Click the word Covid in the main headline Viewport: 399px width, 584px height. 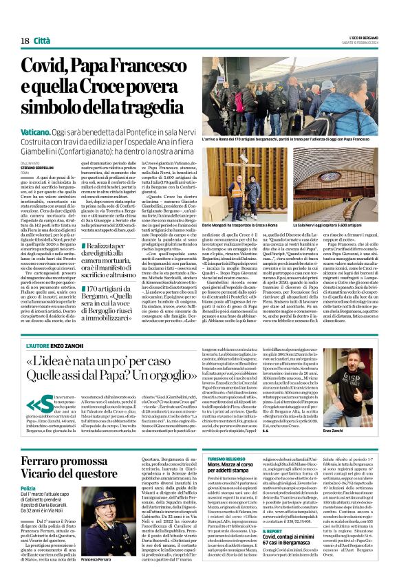pyautogui.click(x=48, y=66)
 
